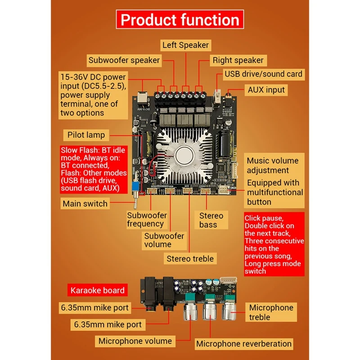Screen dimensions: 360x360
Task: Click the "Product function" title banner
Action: click(180, 19)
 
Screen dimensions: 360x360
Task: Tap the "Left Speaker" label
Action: click(185, 45)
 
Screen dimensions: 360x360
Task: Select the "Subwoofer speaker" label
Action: click(124, 60)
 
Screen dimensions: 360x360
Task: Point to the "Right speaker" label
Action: click(238, 60)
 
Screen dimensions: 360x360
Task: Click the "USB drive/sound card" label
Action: click(264, 74)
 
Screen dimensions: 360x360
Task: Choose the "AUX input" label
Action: click(266, 90)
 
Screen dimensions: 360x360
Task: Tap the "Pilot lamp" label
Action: click(86, 135)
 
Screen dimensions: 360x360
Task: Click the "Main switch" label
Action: click(85, 204)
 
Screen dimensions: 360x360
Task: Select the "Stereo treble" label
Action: click(190, 259)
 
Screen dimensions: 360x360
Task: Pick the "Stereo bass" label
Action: click(211, 220)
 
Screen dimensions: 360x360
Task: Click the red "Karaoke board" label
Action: click(97, 290)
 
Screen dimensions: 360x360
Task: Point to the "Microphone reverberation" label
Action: click(244, 344)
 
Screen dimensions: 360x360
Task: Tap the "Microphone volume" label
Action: click(135, 341)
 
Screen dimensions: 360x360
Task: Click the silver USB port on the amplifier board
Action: click(217, 96)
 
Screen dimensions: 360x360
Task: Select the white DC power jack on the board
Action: click(143, 97)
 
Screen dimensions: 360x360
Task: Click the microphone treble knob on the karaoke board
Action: click(229, 311)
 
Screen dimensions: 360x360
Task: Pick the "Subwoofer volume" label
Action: click(164, 240)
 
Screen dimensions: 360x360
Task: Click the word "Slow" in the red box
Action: click(68, 150)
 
